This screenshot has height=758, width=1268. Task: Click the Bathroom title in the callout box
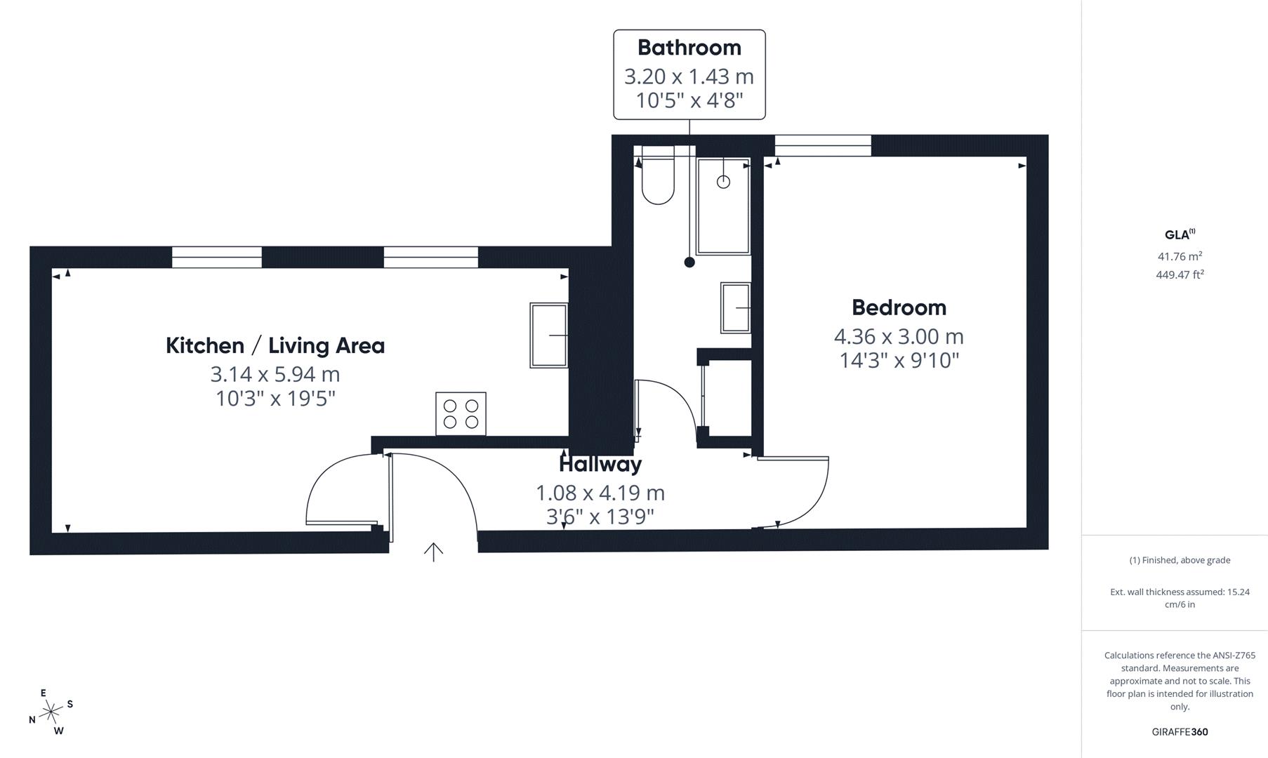pyautogui.click(x=689, y=48)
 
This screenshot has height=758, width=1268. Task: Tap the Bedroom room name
pyautogui.click(x=899, y=307)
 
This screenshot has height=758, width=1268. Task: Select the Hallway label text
pyautogui.click(x=600, y=464)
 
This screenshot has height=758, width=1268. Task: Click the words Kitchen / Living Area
pyautogui.click(x=275, y=345)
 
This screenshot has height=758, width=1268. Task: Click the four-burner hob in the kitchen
pyautogui.click(x=461, y=413)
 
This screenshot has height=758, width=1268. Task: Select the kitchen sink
pyautogui.click(x=549, y=335)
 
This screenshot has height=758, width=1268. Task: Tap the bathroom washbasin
pyautogui.click(x=736, y=307)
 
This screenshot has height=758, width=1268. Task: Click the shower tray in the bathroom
pyautogui.click(x=723, y=206)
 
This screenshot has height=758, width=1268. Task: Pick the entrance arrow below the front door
pyautogui.click(x=433, y=552)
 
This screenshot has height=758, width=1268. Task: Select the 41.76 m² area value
pyautogui.click(x=1180, y=256)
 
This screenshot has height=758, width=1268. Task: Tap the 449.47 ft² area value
pyautogui.click(x=1180, y=274)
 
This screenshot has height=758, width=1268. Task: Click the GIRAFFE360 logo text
pyautogui.click(x=1180, y=731)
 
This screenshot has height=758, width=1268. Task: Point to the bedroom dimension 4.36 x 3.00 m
pyautogui.click(x=899, y=336)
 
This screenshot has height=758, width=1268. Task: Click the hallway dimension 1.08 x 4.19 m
pyautogui.click(x=600, y=493)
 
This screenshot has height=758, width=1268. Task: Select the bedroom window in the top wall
pyautogui.click(x=823, y=145)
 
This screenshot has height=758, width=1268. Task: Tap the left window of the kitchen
pyautogui.click(x=217, y=257)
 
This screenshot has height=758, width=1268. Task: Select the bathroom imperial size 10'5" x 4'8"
pyautogui.click(x=689, y=100)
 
